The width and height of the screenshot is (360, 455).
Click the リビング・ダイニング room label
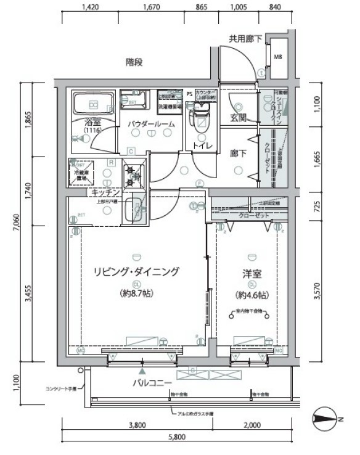tap(136, 272)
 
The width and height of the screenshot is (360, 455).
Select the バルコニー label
tap(151, 383)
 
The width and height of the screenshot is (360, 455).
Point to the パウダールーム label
tap(151, 125)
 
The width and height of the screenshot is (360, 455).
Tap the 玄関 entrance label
tap(239, 117)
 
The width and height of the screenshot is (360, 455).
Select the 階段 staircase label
tap(134, 62)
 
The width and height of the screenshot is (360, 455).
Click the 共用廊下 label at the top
tap(246, 38)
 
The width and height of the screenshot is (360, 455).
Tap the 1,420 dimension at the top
tap(91, 8)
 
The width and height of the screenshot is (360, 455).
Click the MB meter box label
tap(279, 57)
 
